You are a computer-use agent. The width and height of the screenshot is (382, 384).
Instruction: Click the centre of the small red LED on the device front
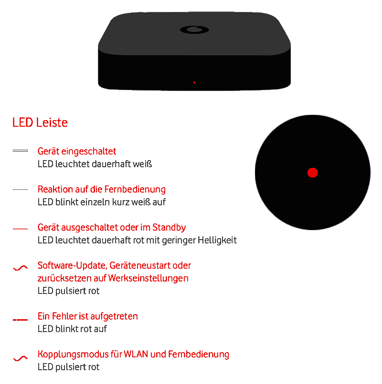click(x=194, y=83)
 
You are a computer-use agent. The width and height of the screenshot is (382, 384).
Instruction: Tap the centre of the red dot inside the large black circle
click(x=312, y=172)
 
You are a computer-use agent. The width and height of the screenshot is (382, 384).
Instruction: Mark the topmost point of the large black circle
click(x=312, y=115)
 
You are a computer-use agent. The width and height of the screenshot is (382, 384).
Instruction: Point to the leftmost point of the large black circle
click(x=255, y=172)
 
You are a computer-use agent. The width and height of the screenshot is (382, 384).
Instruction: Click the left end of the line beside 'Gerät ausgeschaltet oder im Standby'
click(x=13, y=229)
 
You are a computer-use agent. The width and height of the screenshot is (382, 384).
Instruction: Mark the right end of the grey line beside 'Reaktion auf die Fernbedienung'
click(x=28, y=189)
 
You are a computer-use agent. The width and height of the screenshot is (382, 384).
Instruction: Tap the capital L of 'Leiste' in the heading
click(x=39, y=122)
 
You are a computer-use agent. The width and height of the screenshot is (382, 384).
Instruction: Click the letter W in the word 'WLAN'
click(x=127, y=354)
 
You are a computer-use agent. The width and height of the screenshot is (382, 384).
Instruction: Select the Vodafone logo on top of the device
click(x=194, y=30)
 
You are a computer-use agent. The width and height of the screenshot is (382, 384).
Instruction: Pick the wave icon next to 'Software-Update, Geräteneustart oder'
click(x=21, y=268)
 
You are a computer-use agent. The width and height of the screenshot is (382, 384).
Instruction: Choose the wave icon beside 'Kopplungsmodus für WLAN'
click(x=21, y=359)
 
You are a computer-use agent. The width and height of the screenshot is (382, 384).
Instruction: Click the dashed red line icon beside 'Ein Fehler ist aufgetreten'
click(x=21, y=320)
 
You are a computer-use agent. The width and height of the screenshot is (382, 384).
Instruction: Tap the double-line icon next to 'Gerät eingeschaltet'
click(x=21, y=151)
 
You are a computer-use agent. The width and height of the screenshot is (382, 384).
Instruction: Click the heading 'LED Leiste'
click(x=40, y=122)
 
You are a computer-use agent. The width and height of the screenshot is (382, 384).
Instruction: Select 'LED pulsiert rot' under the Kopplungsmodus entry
click(x=68, y=367)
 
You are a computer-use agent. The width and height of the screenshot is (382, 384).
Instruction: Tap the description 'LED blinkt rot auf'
click(x=72, y=329)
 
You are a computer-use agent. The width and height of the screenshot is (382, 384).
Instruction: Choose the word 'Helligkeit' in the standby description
click(x=217, y=240)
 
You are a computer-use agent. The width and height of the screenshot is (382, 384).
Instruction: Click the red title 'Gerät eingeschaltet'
click(x=77, y=152)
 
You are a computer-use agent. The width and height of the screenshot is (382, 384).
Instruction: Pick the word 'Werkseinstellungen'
click(x=148, y=278)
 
